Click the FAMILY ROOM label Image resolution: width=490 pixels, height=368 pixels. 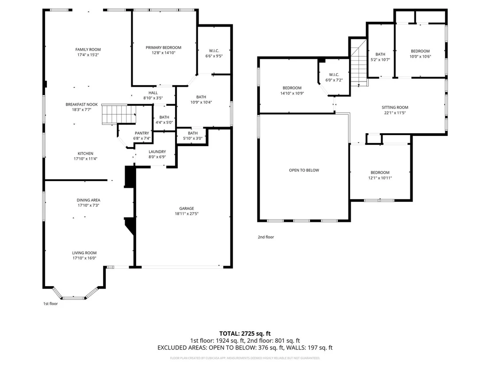pyautogui.click(x=88, y=50)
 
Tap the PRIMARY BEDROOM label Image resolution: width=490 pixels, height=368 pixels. pyautogui.click(x=164, y=47)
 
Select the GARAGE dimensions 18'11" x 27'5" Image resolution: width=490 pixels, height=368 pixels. pyautogui.click(x=187, y=214)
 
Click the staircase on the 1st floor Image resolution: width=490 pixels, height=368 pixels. pyautogui.click(x=119, y=114)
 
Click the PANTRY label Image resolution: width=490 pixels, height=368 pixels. pyautogui.click(x=142, y=133)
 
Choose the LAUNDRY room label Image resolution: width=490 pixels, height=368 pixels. pyautogui.click(x=157, y=152)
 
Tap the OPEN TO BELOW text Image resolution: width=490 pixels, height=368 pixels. pyautogui.click(x=304, y=170)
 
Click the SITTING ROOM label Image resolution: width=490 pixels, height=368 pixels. pyautogui.click(x=395, y=107)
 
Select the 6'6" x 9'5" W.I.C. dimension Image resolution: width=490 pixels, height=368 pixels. pyautogui.click(x=214, y=56)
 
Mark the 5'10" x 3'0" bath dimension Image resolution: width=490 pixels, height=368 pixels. pyautogui.click(x=193, y=138)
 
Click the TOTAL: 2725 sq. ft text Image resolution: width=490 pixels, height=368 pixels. pyautogui.click(x=245, y=333)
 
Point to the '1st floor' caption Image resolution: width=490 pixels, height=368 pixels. pyautogui.click(x=50, y=303)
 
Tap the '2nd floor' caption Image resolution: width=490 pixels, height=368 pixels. pyautogui.click(x=266, y=237)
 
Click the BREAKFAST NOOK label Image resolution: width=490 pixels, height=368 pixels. pyautogui.click(x=81, y=105)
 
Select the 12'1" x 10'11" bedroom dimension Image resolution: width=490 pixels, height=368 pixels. pyautogui.click(x=380, y=178)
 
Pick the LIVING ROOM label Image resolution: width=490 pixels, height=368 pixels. pyautogui.click(x=84, y=253)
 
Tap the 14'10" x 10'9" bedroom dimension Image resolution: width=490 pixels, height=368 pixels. pyautogui.click(x=292, y=93)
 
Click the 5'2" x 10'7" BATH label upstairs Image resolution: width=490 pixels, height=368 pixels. pyautogui.click(x=380, y=54)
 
